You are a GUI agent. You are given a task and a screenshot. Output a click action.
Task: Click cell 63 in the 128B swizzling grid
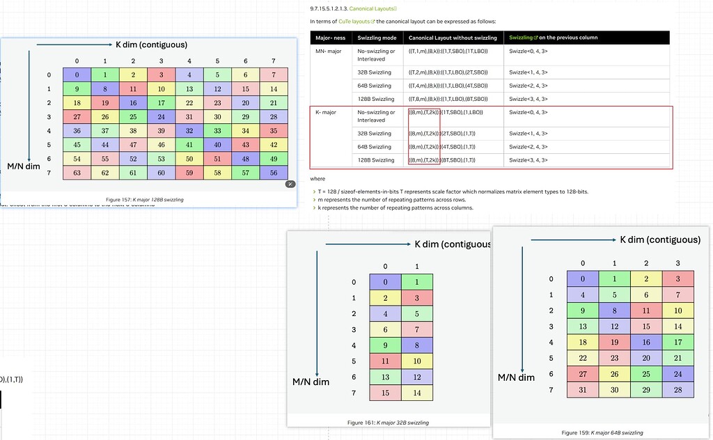(x=77, y=173)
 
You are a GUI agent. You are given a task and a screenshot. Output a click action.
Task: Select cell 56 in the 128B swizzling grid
(x=274, y=173)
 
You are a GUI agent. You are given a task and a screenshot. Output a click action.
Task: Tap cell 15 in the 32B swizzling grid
(x=384, y=393)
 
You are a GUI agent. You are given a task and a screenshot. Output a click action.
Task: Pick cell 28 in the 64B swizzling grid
(x=677, y=389)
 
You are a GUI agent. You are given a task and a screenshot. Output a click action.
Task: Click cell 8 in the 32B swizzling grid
(x=417, y=345)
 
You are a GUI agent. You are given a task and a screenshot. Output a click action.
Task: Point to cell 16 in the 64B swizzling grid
(x=645, y=343)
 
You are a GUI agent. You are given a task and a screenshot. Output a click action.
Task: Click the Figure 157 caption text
(x=145, y=200)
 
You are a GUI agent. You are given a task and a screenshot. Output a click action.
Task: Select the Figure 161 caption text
(x=388, y=423)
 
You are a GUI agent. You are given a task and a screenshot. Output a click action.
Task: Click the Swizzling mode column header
(x=377, y=38)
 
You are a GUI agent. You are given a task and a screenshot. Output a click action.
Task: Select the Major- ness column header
(x=331, y=38)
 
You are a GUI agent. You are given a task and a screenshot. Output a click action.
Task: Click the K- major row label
(x=327, y=112)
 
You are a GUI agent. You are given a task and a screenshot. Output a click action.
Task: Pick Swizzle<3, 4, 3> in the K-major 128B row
(x=528, y=160)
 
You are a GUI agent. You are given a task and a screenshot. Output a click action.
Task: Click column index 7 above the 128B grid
(x=274, y=61)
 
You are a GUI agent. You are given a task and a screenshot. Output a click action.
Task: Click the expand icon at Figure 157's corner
(x=290, y=184)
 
